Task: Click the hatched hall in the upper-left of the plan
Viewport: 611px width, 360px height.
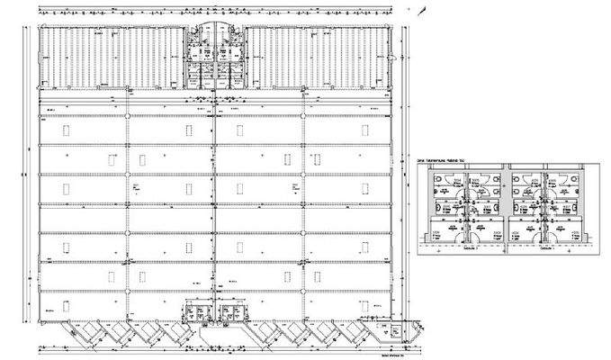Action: (112, 56)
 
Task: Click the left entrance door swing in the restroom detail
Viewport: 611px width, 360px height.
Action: (468, 225)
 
